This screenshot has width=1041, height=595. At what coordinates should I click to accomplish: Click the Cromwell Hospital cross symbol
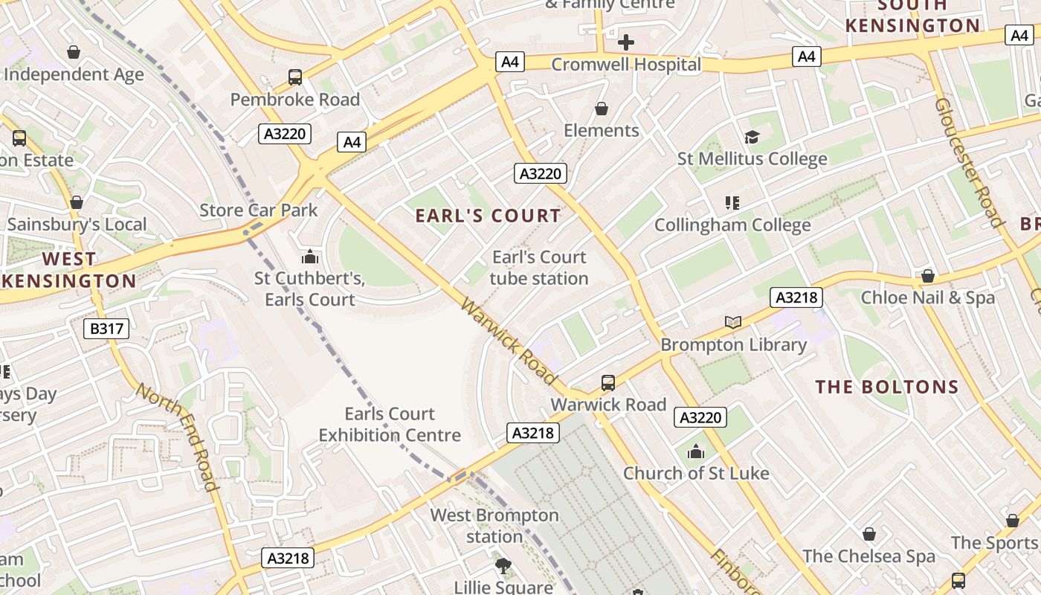point(626,42)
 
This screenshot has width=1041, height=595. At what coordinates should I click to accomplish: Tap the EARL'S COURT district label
point(488,216)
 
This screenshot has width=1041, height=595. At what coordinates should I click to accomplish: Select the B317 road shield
point(106,329)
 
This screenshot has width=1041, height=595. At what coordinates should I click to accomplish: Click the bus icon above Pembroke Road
point(295,77)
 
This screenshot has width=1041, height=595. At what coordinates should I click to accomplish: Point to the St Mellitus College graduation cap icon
point(752,137)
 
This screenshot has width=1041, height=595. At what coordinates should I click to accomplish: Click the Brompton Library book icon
point(733,322)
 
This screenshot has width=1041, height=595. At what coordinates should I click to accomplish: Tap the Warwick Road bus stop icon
point(608,383)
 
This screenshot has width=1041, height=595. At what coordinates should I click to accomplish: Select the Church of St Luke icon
point(696,451)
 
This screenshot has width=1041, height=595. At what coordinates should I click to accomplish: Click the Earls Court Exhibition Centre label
point(390,424)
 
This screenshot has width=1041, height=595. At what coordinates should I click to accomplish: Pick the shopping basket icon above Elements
point(602,109)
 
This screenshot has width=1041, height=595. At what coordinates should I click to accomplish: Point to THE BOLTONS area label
point(887,387)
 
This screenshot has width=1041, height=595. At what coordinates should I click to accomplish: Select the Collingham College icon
point(732,202)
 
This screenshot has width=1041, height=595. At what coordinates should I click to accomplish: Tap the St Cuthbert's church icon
point(309,257)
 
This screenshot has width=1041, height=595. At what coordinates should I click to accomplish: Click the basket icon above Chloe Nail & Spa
point(927,276)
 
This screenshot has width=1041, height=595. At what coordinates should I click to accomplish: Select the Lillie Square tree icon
point(503,566)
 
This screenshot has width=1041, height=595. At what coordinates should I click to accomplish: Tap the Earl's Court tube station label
point(539,268)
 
